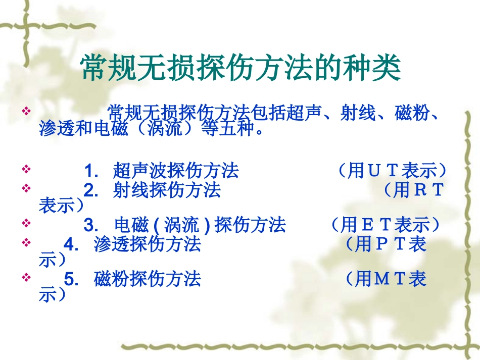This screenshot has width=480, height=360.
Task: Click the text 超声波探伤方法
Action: point(176,171)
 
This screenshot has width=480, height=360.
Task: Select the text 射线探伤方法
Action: point(167,190)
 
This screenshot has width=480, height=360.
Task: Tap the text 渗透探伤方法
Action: point(148,244)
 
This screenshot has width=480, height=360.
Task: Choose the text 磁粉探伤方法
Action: point(148,278)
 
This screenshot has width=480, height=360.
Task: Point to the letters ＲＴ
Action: point(427,190)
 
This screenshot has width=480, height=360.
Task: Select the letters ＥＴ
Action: point(376,224)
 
